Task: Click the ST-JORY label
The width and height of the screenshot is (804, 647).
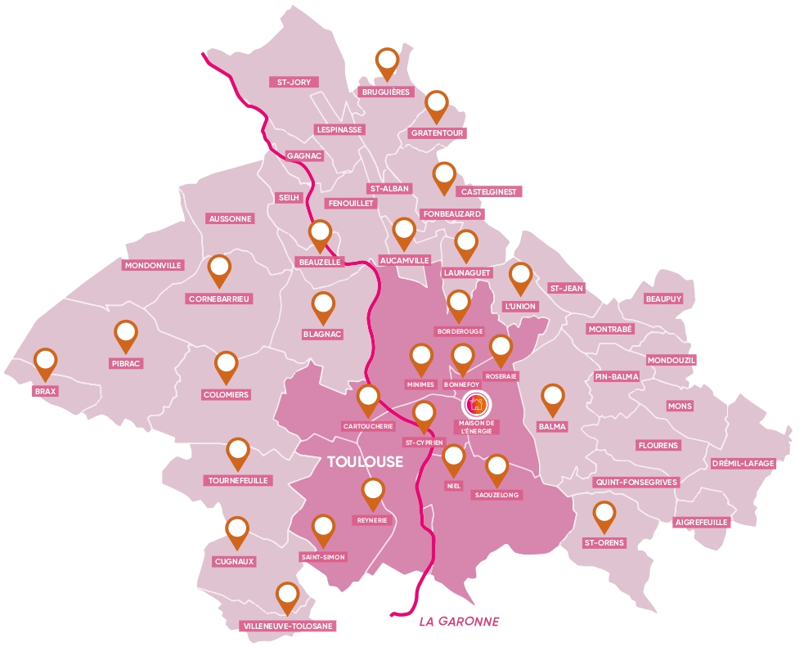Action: [294, 82]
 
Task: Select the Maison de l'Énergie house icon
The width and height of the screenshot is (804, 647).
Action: [476, 403]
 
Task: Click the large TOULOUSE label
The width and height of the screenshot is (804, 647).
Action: [365, 461]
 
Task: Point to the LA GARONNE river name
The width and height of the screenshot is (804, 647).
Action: [458, 622]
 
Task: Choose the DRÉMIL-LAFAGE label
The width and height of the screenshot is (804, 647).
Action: [743, 463]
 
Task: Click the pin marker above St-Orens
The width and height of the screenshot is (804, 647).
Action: [604, 515]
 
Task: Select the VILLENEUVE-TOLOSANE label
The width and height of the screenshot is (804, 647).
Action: [289, 626]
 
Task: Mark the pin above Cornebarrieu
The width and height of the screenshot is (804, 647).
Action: [219, 268]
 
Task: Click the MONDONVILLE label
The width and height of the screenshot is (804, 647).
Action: [154, 265]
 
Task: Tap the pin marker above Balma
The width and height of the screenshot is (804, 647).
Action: [554, 398]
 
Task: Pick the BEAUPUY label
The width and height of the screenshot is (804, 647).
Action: [663, 299]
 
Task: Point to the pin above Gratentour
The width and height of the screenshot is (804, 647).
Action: [438, 104]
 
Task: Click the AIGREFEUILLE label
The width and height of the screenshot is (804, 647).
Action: [701, 521]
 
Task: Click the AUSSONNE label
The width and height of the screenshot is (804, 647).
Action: [231, 218]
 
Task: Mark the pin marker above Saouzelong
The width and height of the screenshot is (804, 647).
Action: [496, 469]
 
